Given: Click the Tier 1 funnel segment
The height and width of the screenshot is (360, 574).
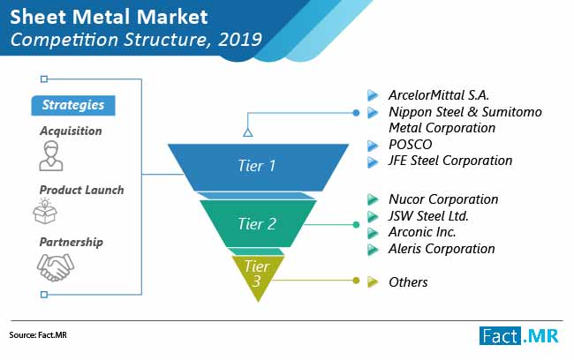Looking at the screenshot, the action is point(258,167).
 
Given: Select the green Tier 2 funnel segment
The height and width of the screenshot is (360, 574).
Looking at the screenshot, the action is point(258,223).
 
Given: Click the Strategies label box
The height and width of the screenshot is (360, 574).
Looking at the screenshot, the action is point(73,105).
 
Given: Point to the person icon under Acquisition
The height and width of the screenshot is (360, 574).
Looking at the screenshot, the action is point(51,156).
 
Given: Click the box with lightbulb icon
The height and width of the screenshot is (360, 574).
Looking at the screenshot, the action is point(45,211).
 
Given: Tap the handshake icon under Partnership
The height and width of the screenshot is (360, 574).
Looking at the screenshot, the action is point(56,268).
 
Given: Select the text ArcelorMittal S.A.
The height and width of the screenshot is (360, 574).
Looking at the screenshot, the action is point(439,95).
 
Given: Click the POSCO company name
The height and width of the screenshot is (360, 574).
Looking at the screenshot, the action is point(411,145).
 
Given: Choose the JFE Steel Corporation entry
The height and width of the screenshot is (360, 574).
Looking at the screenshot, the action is point(450,161).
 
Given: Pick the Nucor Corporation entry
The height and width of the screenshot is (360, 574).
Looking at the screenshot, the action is point(443,199).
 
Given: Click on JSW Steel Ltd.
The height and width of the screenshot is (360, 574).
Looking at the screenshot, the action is point(428,216).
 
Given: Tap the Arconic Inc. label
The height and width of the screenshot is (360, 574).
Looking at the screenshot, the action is point(422,232).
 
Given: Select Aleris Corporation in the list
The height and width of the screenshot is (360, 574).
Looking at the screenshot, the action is point(442,249).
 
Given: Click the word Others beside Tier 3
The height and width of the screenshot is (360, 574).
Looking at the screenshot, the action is point(408,282).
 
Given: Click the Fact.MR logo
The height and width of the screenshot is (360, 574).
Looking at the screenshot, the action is point(519,335).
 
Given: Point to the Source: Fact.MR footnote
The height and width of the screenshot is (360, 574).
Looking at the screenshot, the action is point(38,335).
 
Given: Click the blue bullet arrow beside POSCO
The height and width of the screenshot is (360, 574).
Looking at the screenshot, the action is point(373,146).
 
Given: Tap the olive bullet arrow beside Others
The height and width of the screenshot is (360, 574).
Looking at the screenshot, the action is point(373,281).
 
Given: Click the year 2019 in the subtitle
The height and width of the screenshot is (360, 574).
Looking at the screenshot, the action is point(240,40).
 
